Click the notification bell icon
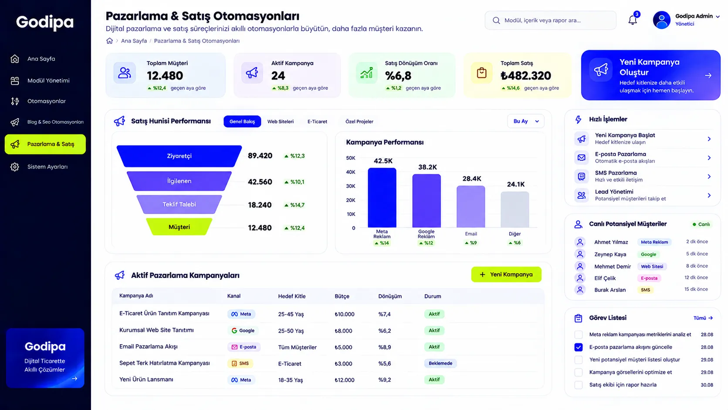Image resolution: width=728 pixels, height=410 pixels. (x=633, y=20)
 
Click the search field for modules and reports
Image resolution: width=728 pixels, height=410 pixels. (x=550, y=20)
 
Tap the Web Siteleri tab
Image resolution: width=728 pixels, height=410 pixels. (x=280, y=121)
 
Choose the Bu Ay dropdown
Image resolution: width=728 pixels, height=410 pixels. (x=525, y=121)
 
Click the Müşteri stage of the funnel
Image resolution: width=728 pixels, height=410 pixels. (x=179, y=227)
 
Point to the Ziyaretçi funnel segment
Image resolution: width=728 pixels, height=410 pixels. (x=179, y=156)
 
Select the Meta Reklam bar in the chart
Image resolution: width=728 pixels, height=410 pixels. (x=382, y=198)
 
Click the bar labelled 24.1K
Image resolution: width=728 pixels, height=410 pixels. (x=515, y=210)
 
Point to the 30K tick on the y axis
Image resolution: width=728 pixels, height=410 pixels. (x=351, y=186)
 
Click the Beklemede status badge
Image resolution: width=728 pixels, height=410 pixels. (x=440, y=363)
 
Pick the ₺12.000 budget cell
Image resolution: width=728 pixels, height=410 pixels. (x=345, y=380)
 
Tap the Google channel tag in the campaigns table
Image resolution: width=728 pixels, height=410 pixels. (x=243, y=330)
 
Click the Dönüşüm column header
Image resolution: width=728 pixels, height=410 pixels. (x=390, y=296)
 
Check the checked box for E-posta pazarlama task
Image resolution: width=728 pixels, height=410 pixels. (x=579, y=347)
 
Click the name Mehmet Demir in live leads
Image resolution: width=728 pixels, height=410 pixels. (x=613, y=266)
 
